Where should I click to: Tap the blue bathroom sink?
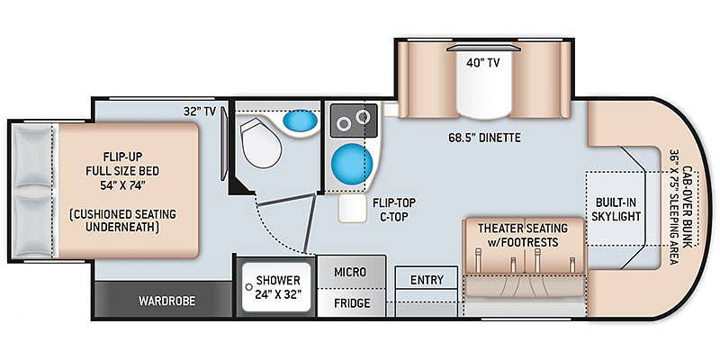pyautogui.click(x=301, y=121)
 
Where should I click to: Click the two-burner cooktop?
pyautogui.click(x=354, y=121)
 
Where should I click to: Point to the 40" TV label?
pyautogui.click(x=484, y=64)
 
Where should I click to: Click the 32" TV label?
pyautogui.click(x=200, y=111)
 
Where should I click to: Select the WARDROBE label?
pyautogui.click(x=167, y=301)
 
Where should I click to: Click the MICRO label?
pyautogui.click(x=350, y=272)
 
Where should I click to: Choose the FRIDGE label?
pyautogui.click(x=352, y=303)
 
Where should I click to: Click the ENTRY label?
pyautogui.click(x=427, y=280)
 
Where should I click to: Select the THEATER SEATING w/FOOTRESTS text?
pyautogui.click(x=523, y=235)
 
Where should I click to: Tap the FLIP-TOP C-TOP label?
pyautogui.click(x=391, y=210)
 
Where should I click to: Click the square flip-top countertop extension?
pyautogui.click(x=353, y=209)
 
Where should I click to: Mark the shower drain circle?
pyautogui.click(x=249, y=287)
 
